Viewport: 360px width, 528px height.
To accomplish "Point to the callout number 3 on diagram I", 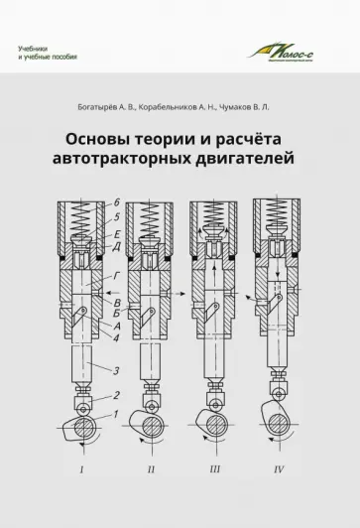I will click(x=118, y=370).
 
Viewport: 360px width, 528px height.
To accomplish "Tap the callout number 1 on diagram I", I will click(x=117, y=412).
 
